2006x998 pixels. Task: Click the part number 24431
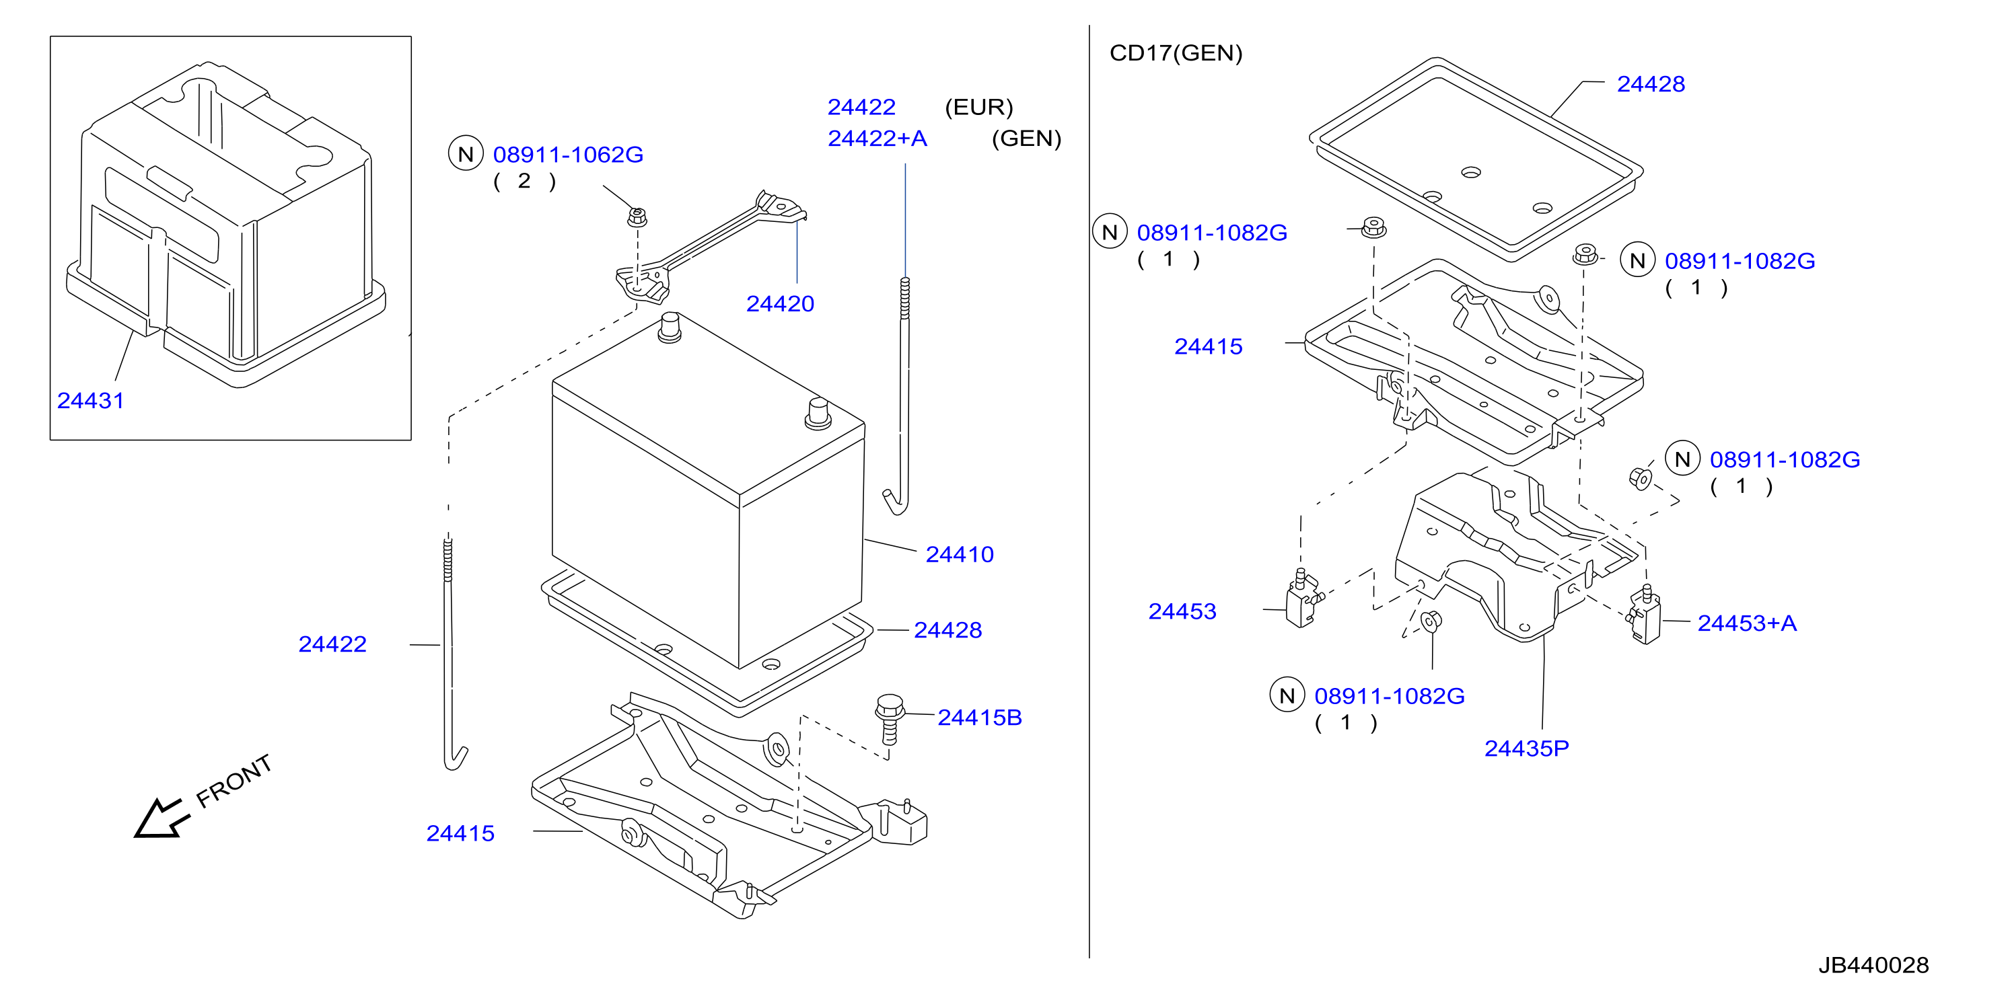click(x=90, y=400)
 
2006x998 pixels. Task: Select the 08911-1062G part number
click(x=568, y=154)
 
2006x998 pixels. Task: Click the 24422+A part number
click(x=877, y=139)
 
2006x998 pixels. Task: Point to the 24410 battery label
click(x=960, y=554)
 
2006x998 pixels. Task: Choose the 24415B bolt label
click(x=979, y=717)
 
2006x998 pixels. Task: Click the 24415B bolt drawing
click(x=890, y=718)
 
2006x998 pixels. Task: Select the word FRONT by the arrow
click(x=234, y=781)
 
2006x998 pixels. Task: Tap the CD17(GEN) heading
click(x=1175, y=53)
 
